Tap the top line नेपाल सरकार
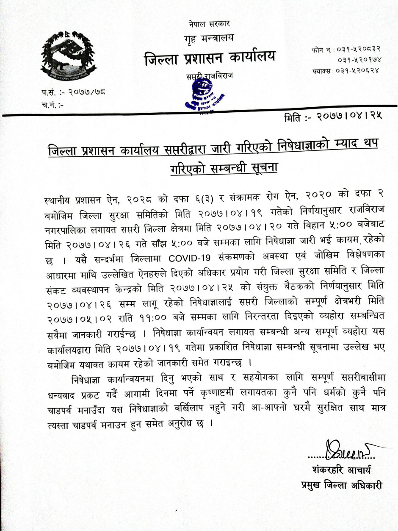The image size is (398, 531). click(210, 24)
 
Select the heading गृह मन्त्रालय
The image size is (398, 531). click(209, 40)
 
